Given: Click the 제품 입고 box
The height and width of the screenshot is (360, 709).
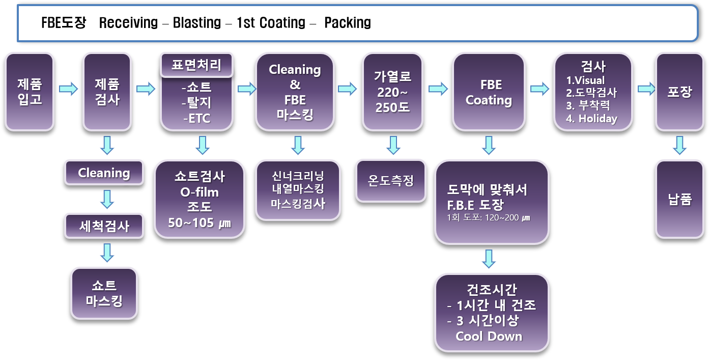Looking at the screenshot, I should pos(30,92).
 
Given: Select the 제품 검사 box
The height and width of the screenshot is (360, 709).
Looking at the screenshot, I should pos(107,92).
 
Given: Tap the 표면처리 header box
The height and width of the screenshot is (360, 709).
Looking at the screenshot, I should pos(197,66).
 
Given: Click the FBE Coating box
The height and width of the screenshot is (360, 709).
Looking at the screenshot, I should pos(489,92).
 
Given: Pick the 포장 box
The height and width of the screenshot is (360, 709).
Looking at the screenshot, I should pos(679,92).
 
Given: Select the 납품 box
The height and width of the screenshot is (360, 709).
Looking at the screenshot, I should pos(679,199).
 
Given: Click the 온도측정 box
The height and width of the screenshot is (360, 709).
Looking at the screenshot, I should pos(390,181).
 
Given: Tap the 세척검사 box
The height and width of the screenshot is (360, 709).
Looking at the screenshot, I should pos(104,226).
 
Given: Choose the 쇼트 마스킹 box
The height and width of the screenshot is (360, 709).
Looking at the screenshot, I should pos(104,293).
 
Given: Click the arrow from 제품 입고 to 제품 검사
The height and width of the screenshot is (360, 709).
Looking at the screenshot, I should pos(68,89).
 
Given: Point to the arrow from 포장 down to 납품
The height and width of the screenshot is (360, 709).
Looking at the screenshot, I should pos(679,145).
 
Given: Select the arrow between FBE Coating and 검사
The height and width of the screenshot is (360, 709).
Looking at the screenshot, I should pos(540,89).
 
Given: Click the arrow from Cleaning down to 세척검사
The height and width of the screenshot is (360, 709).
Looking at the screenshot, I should pos(107,199).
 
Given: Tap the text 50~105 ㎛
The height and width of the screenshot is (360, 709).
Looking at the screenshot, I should pos(200,223).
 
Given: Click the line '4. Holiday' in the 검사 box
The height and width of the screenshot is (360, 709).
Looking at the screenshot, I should pos(591,119).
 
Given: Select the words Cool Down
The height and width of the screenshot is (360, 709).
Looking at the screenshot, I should pos(489,336).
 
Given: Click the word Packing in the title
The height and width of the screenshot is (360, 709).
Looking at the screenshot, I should pos(348,23).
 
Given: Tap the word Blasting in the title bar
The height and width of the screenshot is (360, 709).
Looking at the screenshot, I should pos(197,23).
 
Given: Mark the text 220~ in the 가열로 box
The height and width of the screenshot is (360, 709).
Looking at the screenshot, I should pos(393,93).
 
